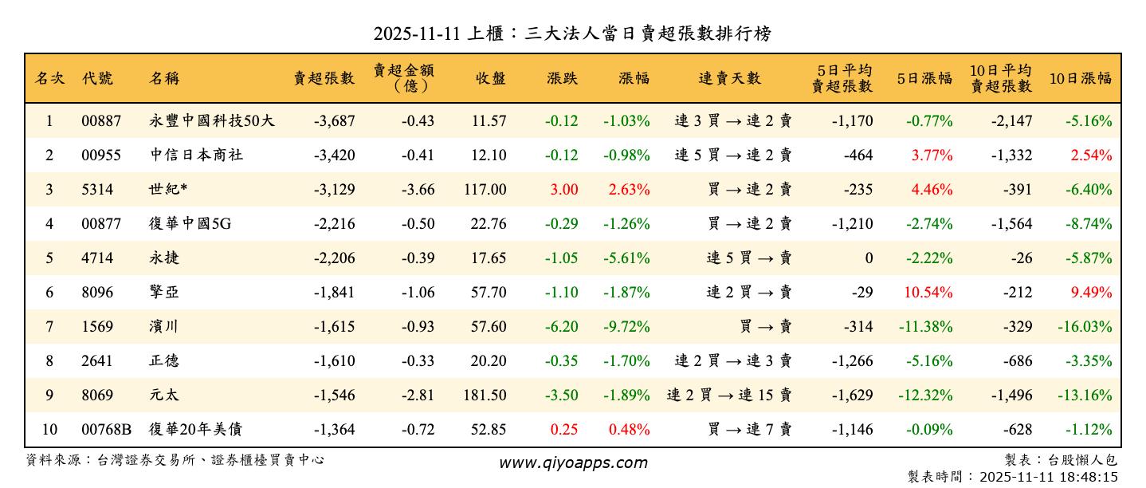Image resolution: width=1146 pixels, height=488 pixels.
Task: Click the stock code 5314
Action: (97, 190)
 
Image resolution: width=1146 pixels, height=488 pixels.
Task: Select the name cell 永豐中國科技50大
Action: (211, 121)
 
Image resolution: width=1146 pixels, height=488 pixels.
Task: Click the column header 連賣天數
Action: (729, 78)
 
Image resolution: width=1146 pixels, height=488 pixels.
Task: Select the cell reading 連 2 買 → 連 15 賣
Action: (729, 396)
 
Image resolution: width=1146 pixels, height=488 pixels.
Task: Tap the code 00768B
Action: (107, 430)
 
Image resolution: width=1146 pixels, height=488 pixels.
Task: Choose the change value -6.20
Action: (562, 327)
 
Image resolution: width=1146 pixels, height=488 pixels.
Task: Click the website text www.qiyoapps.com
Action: (573, 462)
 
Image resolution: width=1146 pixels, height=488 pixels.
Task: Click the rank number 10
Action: (49, 430)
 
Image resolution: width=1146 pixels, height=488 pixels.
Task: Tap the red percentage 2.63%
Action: (629, 190)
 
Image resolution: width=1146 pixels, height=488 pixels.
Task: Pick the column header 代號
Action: (97, 78)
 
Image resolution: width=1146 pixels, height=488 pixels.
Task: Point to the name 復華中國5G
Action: (190, 224)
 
